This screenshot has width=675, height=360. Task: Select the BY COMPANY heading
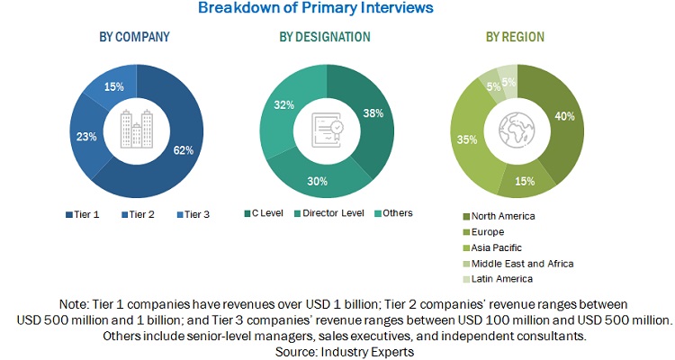click(136, 37)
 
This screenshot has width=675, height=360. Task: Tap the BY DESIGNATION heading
click(325, 37)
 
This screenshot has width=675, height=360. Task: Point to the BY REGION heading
click(515, 37)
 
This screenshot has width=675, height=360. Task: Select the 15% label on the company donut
click(114, 86)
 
